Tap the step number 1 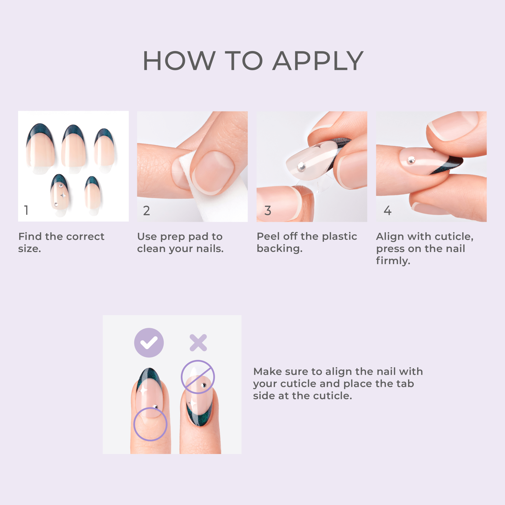[26, 210]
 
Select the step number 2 [146, 211]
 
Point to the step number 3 [268, 210]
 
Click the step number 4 [387, 210]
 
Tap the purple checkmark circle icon [149, 343]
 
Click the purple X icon [198, 343]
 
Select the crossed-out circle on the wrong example [198, 377]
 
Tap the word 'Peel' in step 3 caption [268, 236]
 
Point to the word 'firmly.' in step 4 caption [393, 261]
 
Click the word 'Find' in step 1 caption [30, 237]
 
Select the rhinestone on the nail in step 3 [301, 166]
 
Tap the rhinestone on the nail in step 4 [411, 160]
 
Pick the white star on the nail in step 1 [63, 195]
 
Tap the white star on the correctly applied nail [143, 391]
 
